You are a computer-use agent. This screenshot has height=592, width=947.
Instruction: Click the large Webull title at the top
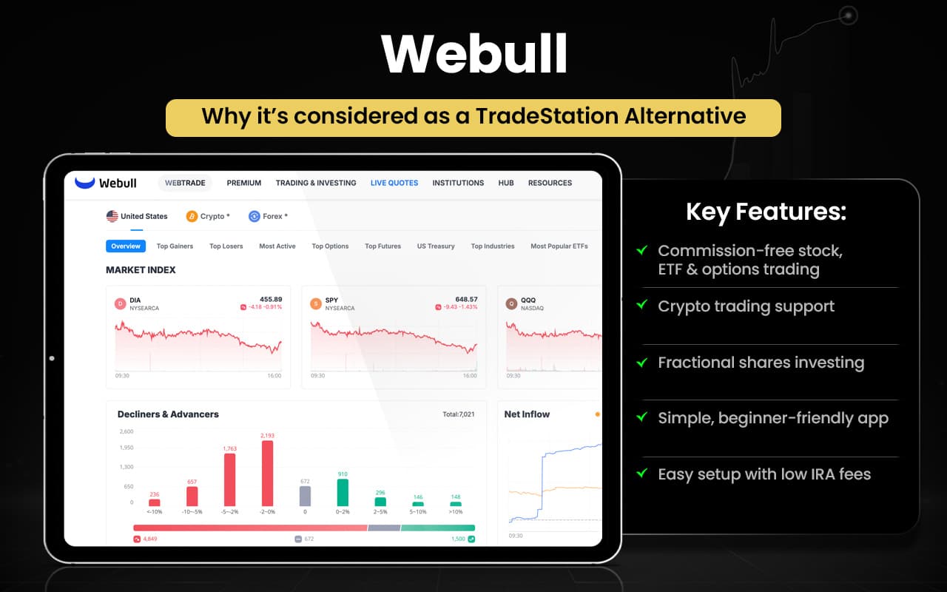473,54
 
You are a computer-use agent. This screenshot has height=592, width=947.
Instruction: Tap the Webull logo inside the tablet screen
106,183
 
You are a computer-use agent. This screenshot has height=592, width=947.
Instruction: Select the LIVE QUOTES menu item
394,183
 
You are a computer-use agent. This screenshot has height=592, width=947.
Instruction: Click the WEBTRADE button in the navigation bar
185,183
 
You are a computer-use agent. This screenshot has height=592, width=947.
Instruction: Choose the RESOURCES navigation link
550,183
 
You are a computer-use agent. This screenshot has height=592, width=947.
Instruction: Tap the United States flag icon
112,216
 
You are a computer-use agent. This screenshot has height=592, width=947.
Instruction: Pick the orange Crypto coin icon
192,216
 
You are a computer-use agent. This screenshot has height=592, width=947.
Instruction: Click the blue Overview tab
126,246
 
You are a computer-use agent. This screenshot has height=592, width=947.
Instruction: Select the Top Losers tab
226,246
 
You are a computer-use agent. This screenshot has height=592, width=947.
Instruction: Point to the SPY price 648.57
466,300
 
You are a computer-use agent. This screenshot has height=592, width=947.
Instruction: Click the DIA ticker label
135,300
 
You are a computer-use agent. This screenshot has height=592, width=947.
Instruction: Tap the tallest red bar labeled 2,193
267,474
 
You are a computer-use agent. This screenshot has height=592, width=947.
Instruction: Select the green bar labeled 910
343,492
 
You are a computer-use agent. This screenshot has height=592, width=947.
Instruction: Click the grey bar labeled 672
305,496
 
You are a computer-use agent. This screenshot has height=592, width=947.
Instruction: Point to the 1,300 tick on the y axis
126,467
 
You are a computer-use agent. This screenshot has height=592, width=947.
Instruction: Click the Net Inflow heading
527,414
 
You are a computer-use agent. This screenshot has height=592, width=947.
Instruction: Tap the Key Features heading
766,212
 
